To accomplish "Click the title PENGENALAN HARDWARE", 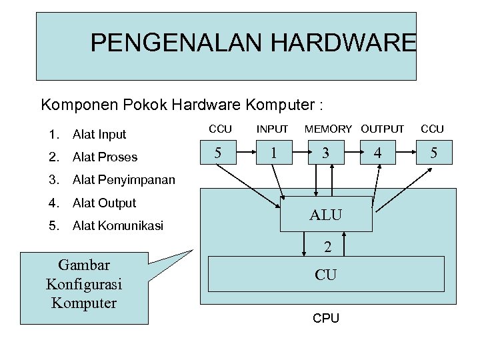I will [253, 43].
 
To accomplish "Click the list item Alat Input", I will [99, 134].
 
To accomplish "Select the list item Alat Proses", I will [105, 157].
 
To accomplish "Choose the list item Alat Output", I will [104, 203].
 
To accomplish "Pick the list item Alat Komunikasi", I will [118, 225].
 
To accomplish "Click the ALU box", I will [325, 215].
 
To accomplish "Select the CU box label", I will [325, 273].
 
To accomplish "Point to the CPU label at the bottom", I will [326, 318].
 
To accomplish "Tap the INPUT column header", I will [273, 129].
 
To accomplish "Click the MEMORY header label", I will [328, 129].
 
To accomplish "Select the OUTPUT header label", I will [383, 129].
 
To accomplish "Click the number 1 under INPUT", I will [273, 153].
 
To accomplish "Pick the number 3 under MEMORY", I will [325, 153].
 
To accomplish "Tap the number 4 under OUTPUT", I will [378, 153].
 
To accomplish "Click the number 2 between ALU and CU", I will [327, 247].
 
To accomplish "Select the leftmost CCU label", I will [221, 129].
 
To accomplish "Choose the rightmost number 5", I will [433, 153].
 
